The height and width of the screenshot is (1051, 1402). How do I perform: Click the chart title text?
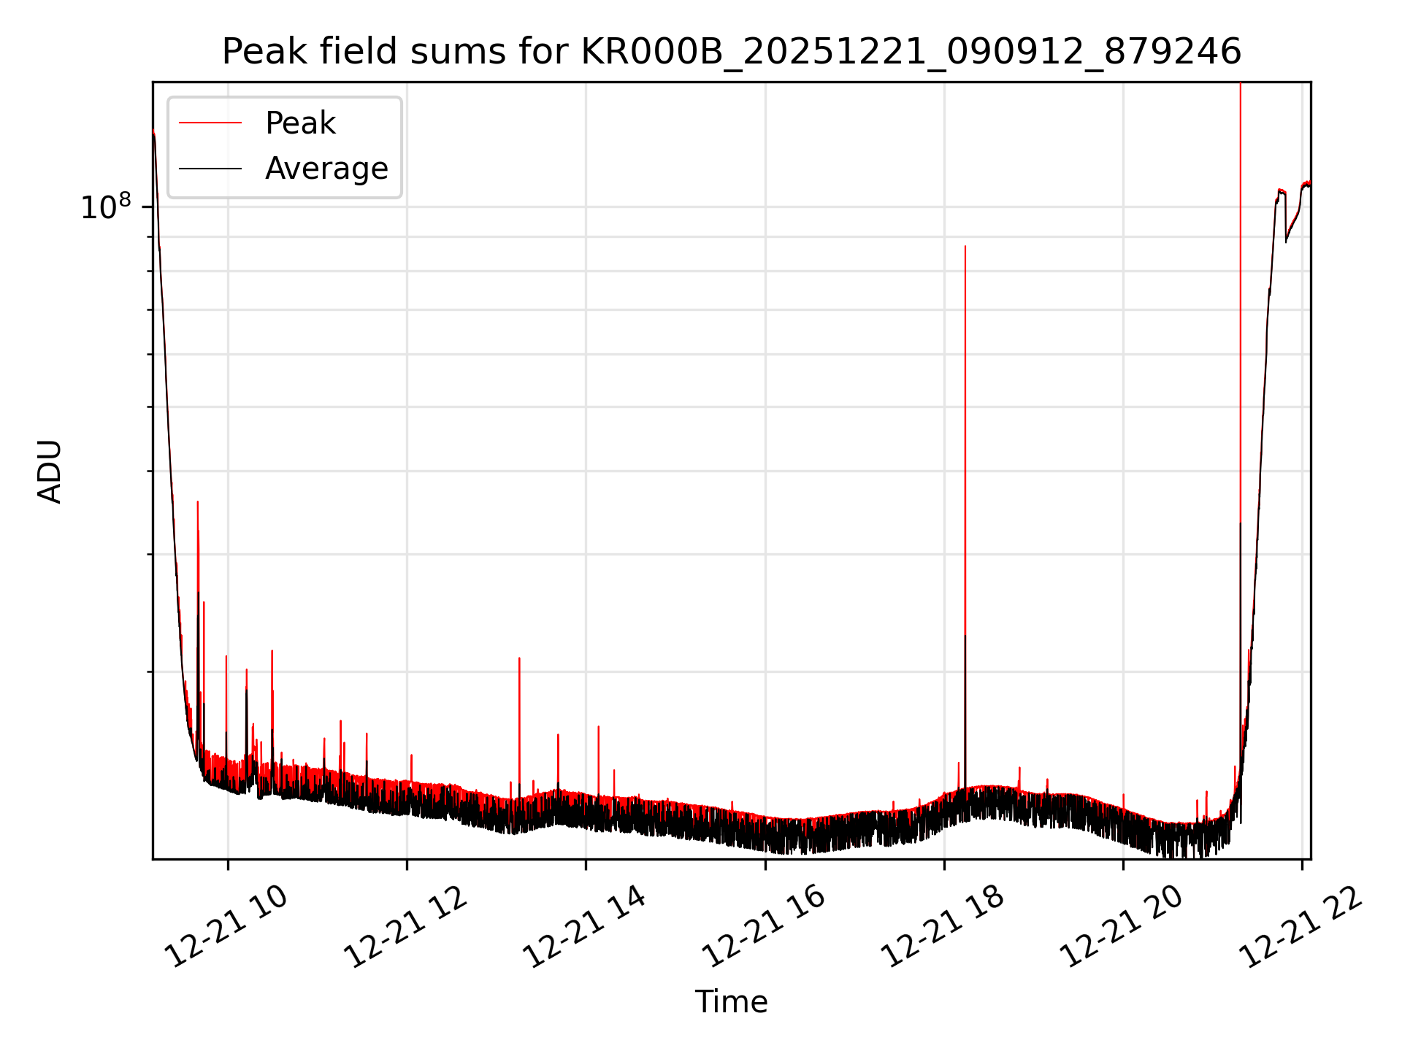(x=731, y=52)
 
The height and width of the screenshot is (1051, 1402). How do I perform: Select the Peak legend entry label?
(x=300, y=123)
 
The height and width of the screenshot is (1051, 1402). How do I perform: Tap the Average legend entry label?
(x=326, y=169)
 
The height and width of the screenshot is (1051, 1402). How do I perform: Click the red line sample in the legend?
(x=210, y=123)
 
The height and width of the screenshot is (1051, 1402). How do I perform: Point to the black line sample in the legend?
(x=210, y=169)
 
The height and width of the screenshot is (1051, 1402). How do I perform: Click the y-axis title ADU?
(x=50, y=471)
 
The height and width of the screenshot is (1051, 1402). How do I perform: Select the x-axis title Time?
(x=731, y=1001)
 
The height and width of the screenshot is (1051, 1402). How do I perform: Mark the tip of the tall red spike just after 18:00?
(x=965, y=247)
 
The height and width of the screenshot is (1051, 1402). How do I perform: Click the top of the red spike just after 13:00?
(x=519, y=658)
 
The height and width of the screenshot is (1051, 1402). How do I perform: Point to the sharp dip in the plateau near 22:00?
(x=1286, y=240)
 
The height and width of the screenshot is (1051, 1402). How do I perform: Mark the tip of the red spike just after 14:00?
(x=599, y=727)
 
